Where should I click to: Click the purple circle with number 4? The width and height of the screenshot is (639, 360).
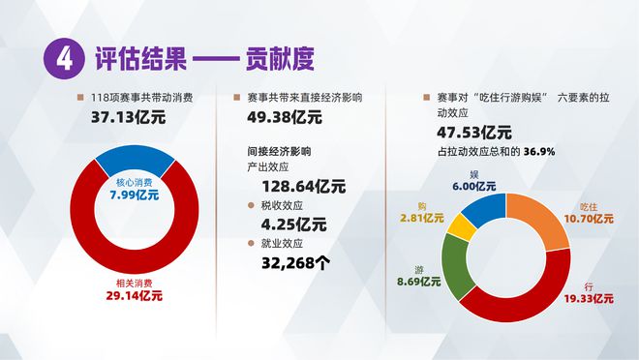[x=63, y=59]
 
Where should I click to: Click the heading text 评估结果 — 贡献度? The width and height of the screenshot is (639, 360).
[x=203, y=59]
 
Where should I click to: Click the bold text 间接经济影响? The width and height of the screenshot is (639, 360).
[x=279, y=151]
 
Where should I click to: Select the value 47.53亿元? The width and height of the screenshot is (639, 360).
[x=474, y=133]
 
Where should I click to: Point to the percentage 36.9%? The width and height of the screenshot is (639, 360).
[x=539, y=152]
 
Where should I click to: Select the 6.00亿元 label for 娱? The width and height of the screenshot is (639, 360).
[x=473, y=186]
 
